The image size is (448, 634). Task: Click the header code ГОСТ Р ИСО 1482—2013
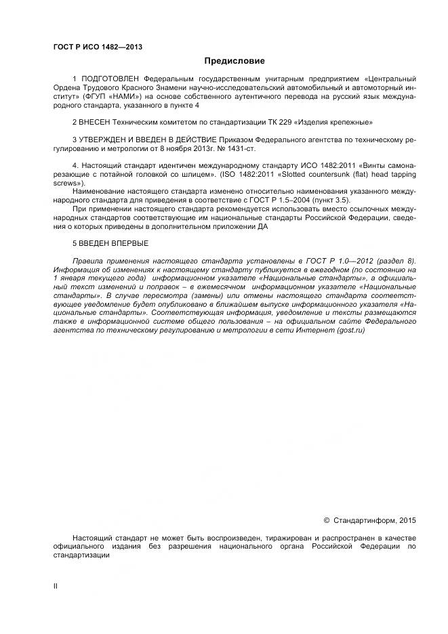(x=98, y=47)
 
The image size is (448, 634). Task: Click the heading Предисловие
(x=234, y=62)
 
